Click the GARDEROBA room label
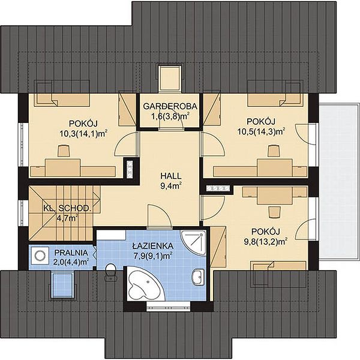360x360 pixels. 170,106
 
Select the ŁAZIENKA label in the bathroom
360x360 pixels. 153,246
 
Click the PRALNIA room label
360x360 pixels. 71,253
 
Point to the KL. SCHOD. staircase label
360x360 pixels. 67,208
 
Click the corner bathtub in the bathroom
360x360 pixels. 141,284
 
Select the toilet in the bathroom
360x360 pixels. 110,272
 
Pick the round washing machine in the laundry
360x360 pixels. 40,256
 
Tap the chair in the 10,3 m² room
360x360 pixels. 64,151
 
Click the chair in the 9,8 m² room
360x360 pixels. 274,212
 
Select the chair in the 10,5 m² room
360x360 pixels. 274,151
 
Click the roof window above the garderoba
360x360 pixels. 170,78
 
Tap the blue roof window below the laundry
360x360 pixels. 62,284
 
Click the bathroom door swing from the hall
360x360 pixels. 160,217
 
